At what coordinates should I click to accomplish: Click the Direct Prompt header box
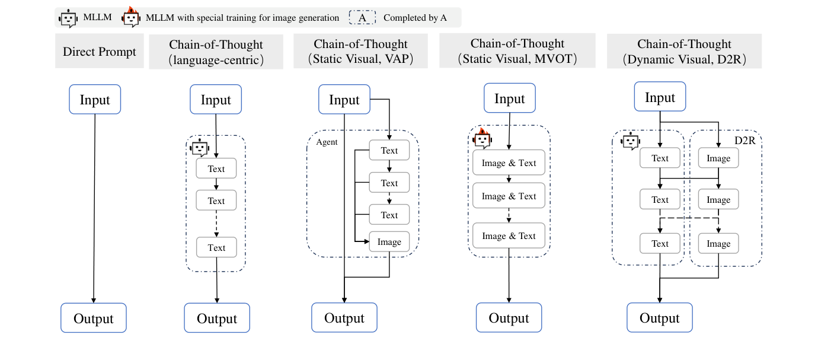coord(99,52)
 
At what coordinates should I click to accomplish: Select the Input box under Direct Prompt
coord(95,99)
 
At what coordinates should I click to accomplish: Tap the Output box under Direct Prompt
coord(93,318)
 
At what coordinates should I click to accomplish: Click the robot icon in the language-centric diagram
coord(200,148)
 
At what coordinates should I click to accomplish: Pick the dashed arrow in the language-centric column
coord(216,224)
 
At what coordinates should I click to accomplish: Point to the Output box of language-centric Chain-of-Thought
coord(216,318)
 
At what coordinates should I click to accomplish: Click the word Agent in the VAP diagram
coord(326,143)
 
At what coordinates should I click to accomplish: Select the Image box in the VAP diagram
coord(389,242)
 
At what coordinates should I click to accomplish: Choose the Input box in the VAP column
coord(344,99)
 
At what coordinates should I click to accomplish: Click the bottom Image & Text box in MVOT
coord(508,236)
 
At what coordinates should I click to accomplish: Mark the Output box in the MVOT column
coord(509,318)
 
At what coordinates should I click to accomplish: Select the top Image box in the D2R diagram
coord(718,158)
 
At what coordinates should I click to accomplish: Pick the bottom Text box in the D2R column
coord(660,244)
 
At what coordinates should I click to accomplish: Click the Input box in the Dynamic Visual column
coord(660,98)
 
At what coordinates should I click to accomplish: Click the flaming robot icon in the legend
coord(130,18)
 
